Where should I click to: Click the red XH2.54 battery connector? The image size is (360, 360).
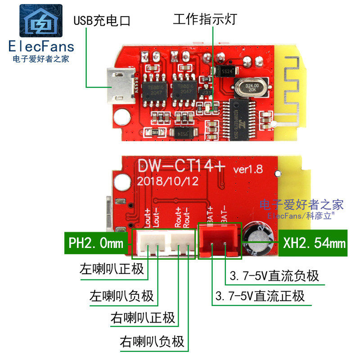pyautogui.click(x=219, y=243)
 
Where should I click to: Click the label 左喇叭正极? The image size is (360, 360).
pyautogui.click(x=112, y=269)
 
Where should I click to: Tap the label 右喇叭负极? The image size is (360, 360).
pyautogui.click(x=152, y=342)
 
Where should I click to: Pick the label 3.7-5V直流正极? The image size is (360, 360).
pyautogui.click(x=260, y=296)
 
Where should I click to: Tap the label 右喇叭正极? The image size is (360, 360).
pyautogui.click(x=143, y=318)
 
